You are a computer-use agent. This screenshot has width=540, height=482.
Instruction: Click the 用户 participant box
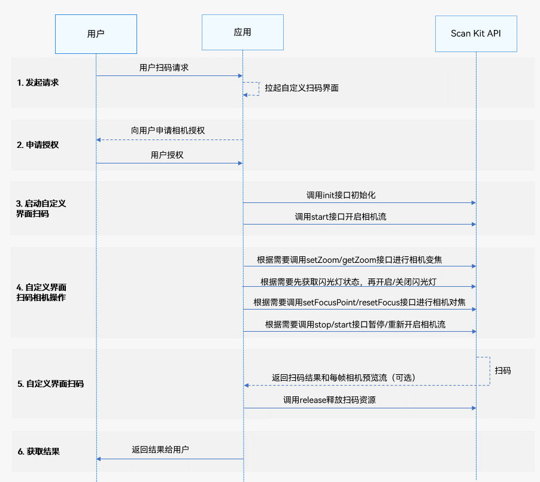(x=96, y=34)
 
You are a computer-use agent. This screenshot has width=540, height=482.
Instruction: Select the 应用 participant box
(x=242, y=32)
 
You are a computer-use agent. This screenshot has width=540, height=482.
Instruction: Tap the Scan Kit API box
(x=476, y=34)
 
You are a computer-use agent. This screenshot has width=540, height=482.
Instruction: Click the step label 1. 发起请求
(x=38, y=83)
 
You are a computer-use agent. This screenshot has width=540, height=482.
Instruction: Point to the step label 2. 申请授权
(x=38, y=145)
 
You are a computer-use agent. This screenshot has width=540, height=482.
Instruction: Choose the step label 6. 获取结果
(x=38, y=451)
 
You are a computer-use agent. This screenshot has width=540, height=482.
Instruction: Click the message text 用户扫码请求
(x=164, y=68)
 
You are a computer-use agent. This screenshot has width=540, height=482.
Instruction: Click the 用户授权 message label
(x=167, y=154)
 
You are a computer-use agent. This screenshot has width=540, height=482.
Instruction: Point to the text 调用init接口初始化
(x=341, y=195)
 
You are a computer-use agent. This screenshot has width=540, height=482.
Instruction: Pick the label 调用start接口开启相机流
(x=341, y=217)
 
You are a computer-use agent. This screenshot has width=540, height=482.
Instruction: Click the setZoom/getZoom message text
(x=358, y=260)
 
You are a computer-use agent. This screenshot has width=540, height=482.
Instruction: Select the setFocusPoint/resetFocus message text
(x=359, y=302)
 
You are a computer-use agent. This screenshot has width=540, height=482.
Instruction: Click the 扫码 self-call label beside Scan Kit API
(x=503, y=371)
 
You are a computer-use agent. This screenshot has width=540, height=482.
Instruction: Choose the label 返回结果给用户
(x=161, y=449)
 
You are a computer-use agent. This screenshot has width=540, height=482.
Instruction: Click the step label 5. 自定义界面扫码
(x=50, y=384)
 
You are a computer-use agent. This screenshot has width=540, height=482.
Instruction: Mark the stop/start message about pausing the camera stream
(x=355, y=325)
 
